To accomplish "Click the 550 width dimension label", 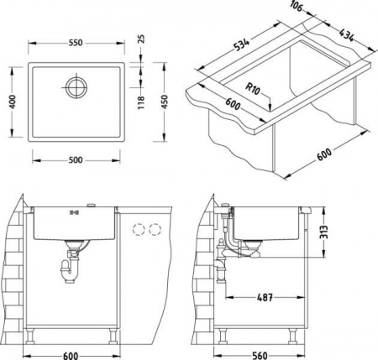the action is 76,43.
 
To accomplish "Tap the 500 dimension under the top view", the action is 76,160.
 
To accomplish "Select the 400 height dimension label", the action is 13,102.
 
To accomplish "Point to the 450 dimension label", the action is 165,102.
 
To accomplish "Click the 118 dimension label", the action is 141,102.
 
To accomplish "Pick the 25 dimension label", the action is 141,39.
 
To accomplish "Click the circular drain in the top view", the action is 76,87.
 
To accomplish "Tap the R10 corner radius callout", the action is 253,89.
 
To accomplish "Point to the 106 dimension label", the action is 297,6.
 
